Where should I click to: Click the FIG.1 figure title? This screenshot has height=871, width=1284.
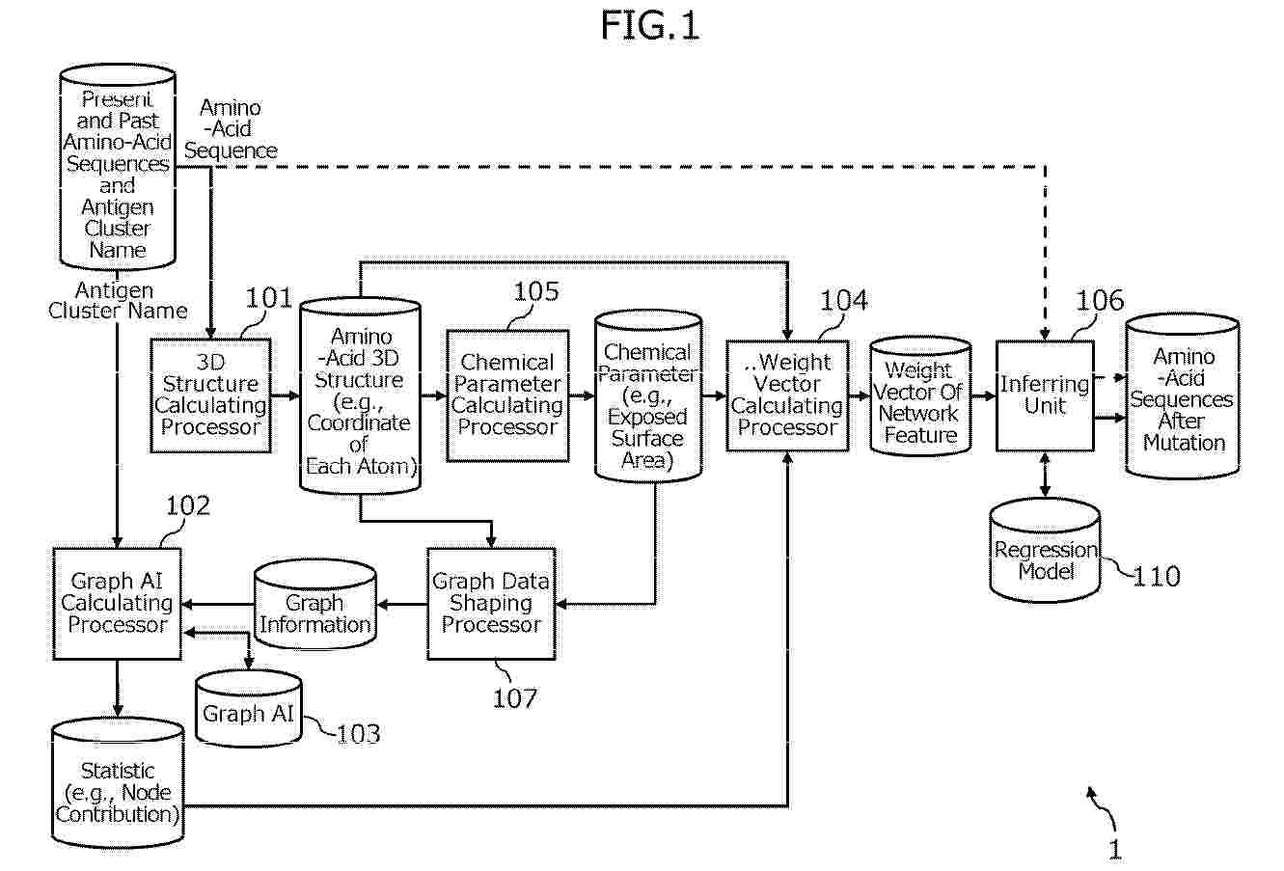[649, 26]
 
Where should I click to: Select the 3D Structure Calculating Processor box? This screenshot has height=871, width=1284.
[210, 395]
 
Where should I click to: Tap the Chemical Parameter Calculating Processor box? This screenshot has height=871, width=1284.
[507, 395]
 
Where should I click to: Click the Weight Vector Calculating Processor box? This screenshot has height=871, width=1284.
[787, 395]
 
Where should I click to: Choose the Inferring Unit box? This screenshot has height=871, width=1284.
[1045, 395]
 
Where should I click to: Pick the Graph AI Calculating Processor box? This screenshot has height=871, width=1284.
[117, 604]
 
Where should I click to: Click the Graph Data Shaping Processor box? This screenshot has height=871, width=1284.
[491, 604]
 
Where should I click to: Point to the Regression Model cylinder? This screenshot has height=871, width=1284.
[1045, 550]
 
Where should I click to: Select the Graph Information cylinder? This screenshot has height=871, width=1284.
[314, 604]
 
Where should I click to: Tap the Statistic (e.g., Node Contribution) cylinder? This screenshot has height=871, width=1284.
[118, 782]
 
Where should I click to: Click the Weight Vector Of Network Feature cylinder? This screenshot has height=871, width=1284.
[920, 396]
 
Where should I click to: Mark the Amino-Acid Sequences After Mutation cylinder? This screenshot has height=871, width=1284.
[1183, 396]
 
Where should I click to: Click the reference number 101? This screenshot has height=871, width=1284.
[268, 298]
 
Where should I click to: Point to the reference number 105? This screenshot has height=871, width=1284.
[536, 291]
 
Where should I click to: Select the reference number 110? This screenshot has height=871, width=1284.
[1156, 577]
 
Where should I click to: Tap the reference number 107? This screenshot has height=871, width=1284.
[515, 698]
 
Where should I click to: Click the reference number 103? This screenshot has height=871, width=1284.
[358, 734]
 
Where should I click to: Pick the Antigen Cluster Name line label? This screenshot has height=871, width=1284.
[117, 300]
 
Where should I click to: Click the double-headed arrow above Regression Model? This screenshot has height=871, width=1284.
[1045, 475]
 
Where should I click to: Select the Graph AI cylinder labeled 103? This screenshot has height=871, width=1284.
[248, 708]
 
